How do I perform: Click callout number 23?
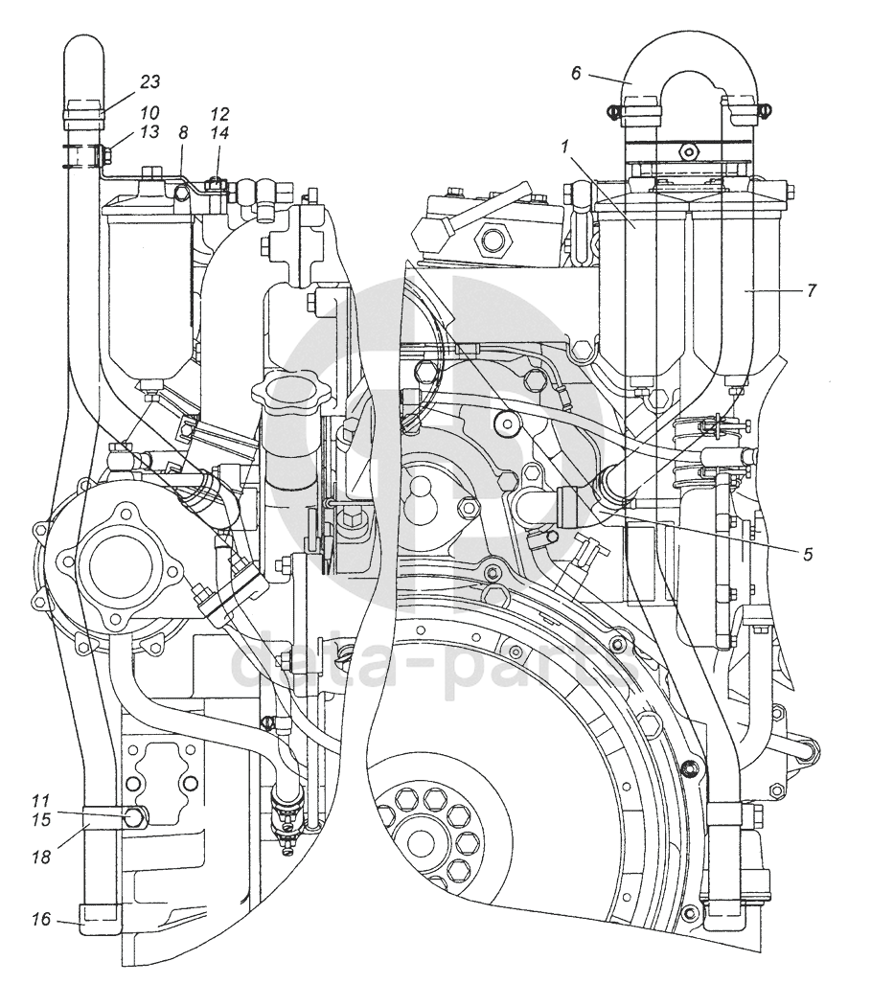tap(150, 81)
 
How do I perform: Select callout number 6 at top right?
tap(576, 74)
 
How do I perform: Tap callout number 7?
tap(812, 290)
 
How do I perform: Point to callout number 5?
tap(808, 554)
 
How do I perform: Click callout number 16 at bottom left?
tap(41, 920)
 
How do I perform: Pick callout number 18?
tap(41, 857)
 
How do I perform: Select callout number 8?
tap(183, 133)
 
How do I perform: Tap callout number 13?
tap(150, 132)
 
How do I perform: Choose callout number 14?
tap(219, 133)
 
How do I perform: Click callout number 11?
tap(40, 801)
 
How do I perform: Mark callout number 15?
tap(41, 819)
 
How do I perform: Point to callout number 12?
tap(219, 114)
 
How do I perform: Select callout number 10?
tap(150, 113)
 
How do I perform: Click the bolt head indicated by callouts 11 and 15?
tap(134, 817)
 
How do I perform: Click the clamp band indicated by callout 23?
tap(82, 113)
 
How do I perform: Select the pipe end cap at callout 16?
tap(98, 920)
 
